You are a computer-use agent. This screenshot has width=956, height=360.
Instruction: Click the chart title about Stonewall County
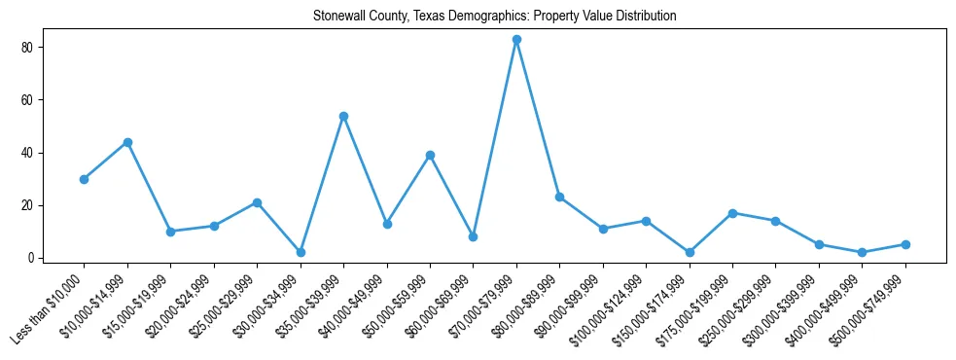click(x=494, y=17)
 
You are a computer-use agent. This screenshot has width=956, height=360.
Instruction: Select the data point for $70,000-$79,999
click(x=516, y=40)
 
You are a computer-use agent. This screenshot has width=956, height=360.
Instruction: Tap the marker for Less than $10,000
click(x=84, y=179)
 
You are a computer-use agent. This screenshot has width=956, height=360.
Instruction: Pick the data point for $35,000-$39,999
click(x=343, y=116)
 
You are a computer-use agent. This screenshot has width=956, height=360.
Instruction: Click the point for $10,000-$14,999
click(x=127, y=142)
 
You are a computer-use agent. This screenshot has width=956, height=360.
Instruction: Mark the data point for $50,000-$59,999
click(x=430, y=156)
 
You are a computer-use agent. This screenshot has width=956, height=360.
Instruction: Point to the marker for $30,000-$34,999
click(x=301, y=252)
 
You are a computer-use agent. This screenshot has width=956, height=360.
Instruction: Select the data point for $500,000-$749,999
click(x=905, y=244)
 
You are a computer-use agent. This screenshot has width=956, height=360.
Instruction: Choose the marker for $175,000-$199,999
click(x=732, y=213)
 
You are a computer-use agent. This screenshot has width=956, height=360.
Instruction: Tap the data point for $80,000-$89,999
click(x=559, y=198)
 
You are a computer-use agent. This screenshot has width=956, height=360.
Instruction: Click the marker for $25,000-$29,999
click(x=257, y=202)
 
